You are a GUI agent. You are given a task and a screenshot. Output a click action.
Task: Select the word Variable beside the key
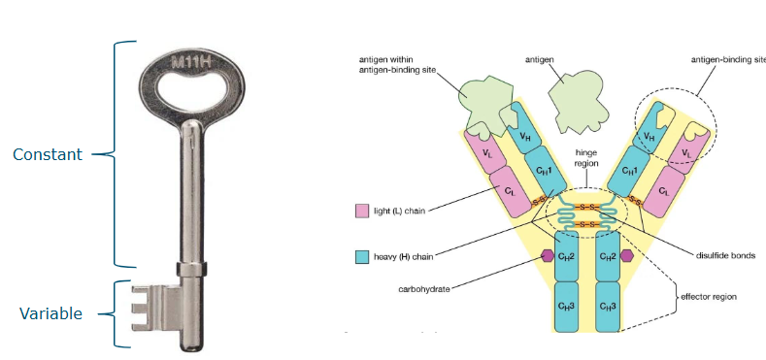tap(51, 313)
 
